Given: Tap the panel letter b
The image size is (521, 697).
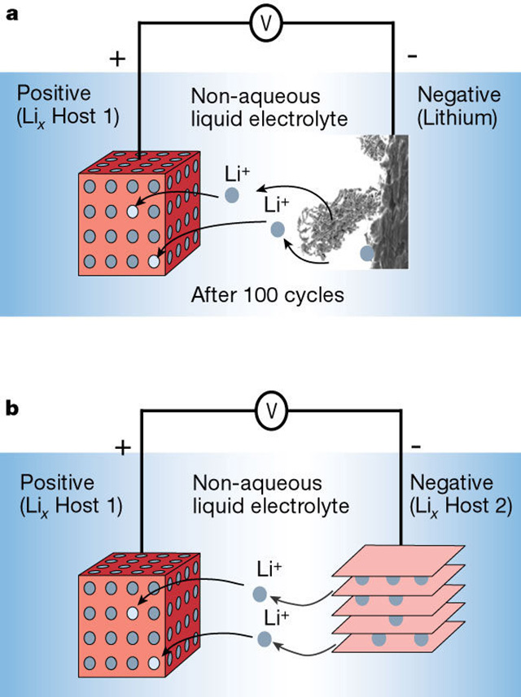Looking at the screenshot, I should pos(12,407).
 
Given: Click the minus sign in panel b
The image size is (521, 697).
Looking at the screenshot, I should pos(415,447).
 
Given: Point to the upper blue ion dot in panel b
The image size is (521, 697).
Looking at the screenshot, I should pos(259,595).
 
